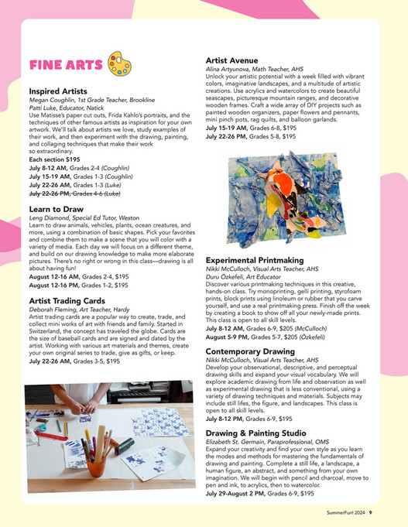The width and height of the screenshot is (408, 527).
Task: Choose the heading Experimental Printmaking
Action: (260, 262)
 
